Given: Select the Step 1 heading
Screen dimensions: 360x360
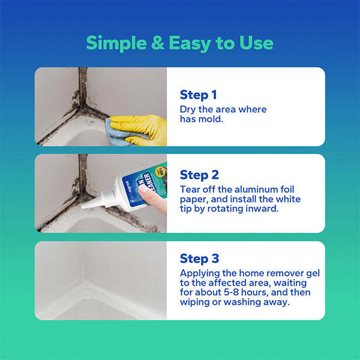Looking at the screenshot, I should click(x=198, y=95).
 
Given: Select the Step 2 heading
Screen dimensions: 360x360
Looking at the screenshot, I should click(x=199, y=175).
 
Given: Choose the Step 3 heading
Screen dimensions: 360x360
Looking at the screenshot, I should click(x=199, y=259).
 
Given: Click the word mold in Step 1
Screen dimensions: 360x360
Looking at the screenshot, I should click(x=214, y=119).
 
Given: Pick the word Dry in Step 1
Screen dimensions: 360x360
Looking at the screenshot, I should click(x=188, y=109).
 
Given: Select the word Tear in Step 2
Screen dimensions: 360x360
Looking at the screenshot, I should click(x=191, y=189).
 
